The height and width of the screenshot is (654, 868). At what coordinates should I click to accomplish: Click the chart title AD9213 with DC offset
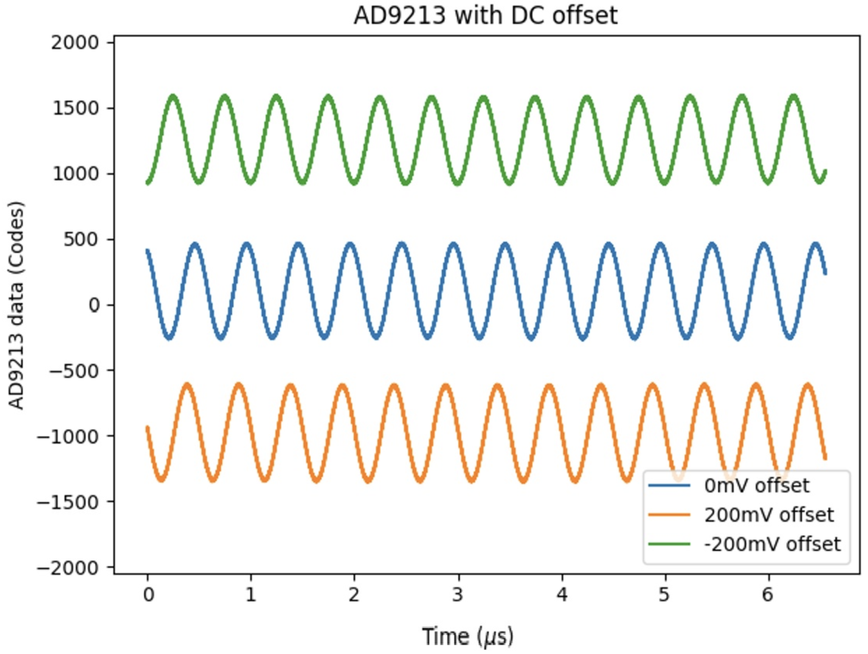[485, 16]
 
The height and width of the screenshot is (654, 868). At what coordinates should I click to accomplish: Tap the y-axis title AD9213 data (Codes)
[16, 305]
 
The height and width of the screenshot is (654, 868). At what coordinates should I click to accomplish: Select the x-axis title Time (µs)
[467, 636]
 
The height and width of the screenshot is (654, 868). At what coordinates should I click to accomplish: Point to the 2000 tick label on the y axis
[75, 43]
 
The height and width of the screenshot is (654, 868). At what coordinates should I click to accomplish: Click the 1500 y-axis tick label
[75, 108]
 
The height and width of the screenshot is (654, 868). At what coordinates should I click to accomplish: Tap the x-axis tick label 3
[458, 595]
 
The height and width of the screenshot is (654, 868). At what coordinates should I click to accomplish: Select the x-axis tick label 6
[768, 595]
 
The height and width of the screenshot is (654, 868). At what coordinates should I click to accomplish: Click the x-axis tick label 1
[251, 595]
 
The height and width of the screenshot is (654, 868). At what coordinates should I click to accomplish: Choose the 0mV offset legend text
[757, 486]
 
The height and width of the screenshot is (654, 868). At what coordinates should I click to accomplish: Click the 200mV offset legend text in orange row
[769, 515]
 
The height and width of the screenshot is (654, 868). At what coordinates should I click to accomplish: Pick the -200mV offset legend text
[772, 544]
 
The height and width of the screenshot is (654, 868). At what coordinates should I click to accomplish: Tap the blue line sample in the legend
[669, 485]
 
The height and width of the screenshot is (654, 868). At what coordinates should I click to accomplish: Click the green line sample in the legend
[669, 544]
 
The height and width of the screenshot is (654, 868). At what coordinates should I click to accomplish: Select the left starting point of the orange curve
[147, 428]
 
